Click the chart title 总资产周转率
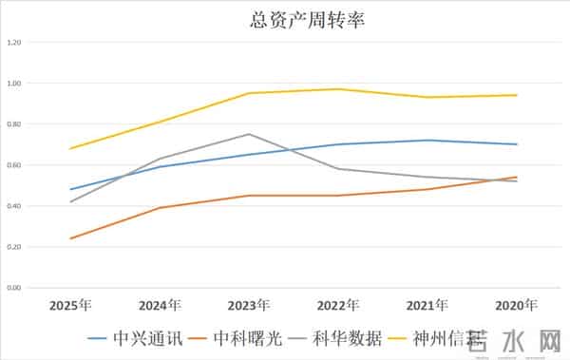[284, 18]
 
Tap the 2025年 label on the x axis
[71, 306]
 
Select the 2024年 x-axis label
[160, 306]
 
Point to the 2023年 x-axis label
[249, 306]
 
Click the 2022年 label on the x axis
[338, 306]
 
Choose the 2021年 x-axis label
[427, 306]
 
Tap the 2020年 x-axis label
[517, 306]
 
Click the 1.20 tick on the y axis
[13, 43]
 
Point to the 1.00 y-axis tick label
[13, 84]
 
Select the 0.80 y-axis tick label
[13, 124]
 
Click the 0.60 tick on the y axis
[13, 165]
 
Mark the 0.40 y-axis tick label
[13, 206]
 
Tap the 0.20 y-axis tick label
[13, 247]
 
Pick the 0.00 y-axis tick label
[13, 288]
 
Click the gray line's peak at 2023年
[249, 134]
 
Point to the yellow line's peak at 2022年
[338, 89]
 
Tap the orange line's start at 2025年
[71, 238]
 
